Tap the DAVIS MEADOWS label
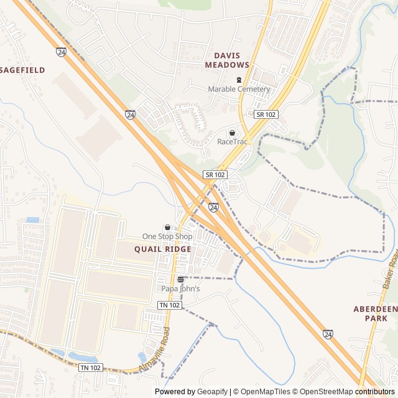point(227,60)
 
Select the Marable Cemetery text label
point(239,89)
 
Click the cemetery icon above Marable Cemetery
point(239,80)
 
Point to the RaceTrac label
point(233,142)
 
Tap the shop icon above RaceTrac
point(233,132)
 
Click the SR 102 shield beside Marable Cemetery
point(266,114)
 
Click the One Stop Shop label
point(167,236)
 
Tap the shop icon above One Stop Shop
point(167,228)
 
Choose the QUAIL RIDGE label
point(163,249)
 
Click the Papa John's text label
point(180,289)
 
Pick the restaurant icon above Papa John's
point(180,279)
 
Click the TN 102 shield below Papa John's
point(169,305)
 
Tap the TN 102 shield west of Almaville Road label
point(91,368)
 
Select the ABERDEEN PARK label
point(375,313)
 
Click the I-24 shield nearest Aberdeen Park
point(328,334)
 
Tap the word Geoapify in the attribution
point(212,392)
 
